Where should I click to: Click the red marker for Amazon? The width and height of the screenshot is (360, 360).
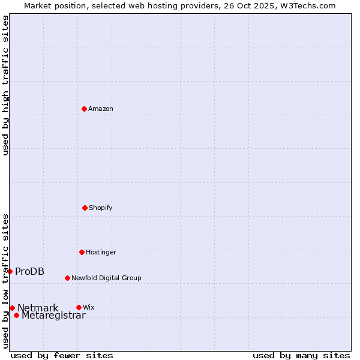(x=84, y=109)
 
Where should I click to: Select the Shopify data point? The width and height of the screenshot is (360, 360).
(x=85, y=208)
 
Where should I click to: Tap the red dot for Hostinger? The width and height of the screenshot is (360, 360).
(x=82, y=252)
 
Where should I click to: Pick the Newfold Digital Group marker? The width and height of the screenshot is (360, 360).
(x=67, y=278)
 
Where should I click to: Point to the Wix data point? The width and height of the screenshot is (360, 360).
(x=79, y=307)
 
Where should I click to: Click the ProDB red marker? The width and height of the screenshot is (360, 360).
(x=10, y=271)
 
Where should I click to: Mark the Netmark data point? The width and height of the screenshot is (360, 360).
(x=12, y=308)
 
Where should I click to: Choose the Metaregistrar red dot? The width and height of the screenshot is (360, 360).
(x=16, y=315)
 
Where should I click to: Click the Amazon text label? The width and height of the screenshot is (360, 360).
(x=101, y=109)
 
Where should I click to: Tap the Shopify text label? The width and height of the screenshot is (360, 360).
(x=101, y=208)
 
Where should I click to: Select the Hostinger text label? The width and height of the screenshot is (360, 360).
(x=101, y=252)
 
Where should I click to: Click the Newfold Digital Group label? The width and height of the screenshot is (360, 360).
(x=106, y=278)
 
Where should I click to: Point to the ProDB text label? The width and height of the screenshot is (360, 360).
(x=29, y=271)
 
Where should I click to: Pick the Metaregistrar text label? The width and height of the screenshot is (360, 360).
(x=53, y=316)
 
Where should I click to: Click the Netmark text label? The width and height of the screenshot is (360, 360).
(x=38, y=308)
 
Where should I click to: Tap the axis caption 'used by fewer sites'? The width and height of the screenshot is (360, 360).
(x=62, y=355)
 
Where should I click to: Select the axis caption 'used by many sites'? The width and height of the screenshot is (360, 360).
(x=301, y=355)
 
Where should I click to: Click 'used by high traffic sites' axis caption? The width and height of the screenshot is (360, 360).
(x=5, y=85)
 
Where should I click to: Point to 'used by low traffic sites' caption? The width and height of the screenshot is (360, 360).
(x=5, y=280)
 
